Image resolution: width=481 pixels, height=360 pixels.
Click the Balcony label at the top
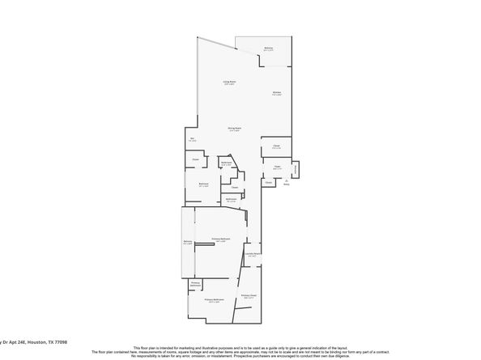(268, 49)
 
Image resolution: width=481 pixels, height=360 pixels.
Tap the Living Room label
(230, 83)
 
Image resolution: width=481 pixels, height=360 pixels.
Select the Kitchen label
(277, 93)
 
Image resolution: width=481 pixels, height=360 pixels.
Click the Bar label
(193, 140)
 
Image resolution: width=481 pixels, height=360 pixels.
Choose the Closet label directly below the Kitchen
(276, 146)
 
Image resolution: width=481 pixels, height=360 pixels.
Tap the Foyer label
(277, 168)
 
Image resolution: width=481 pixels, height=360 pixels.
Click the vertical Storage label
(296, 169)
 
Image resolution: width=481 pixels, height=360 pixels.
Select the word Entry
(286, 184)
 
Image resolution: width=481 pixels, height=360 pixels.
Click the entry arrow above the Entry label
(286, 179)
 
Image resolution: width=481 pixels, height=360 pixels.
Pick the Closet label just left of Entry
(268, 183)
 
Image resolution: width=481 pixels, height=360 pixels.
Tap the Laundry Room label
(252, 255)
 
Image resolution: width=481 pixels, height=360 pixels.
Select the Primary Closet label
(249, 297)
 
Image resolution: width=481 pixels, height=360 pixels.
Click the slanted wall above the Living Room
(216, 43)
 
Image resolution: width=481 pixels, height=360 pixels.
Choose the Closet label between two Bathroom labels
(233, 188)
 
